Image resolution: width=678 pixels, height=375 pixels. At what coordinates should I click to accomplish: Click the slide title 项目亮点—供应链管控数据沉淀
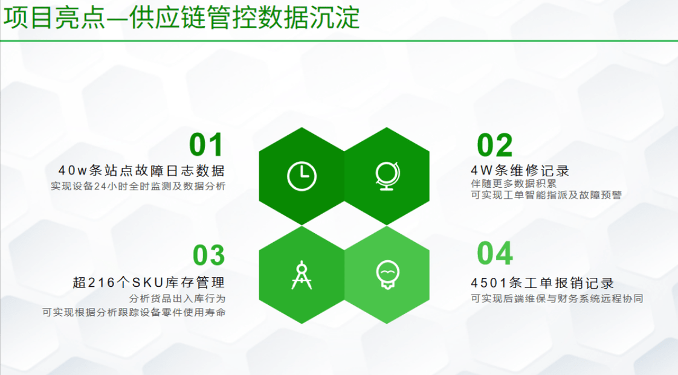(x=182, y=18)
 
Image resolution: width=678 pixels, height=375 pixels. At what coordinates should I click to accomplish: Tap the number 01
(x=206, y=145)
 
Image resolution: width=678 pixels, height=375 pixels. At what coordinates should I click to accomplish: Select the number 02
(x=495, y=145)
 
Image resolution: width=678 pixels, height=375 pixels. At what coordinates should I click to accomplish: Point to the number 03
(x=209, y=255)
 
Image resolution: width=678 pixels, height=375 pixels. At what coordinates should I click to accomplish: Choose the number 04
(x=495, y=253)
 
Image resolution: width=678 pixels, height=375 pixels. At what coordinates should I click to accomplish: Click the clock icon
(x=302, y=176)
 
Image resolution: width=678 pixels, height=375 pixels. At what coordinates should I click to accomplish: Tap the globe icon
(x=387, y=176)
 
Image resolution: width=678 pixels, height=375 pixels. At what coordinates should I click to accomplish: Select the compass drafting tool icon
(x=302, y=275)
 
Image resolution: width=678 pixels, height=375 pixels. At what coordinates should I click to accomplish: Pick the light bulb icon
(x=387, y=275)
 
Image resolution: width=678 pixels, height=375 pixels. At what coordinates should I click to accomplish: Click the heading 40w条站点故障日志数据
(x=141, y=171)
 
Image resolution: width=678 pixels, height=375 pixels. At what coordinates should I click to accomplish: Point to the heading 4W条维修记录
(x=520, y=171)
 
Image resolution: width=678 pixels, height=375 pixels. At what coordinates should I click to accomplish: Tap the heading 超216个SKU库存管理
(x=149, y=283)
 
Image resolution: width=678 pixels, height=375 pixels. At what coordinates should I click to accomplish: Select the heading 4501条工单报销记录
(x=542, y=283)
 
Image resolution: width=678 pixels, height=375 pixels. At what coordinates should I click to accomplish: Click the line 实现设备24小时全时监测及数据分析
(x=138, y=186)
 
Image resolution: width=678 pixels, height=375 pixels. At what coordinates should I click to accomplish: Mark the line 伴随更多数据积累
(x=514, y=184)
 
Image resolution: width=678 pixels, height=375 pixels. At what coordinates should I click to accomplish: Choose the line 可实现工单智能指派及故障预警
(x=546, y=195)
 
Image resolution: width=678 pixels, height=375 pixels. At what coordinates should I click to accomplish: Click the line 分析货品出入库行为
(x=177, y=298)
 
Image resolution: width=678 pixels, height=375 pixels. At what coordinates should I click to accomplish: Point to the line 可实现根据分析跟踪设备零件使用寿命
(x=134, y=312)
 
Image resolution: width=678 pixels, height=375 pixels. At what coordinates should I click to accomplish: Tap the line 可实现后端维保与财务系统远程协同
(x=557, y=298)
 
